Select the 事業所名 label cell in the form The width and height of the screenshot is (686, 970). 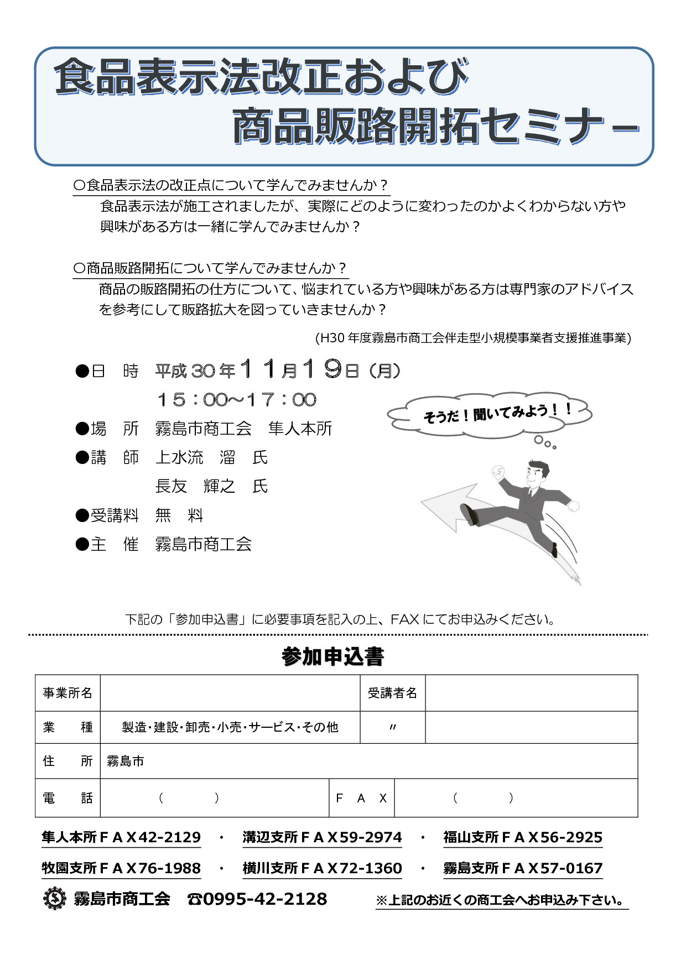coord(67,693)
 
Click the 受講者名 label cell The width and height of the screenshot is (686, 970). coord(392,693)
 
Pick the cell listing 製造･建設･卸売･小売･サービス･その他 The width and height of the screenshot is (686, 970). coord(230,727)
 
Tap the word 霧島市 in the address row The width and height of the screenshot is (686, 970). coord(126,762)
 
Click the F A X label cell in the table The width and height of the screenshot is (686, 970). coord(361,798)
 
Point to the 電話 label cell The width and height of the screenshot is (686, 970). coord(67,798)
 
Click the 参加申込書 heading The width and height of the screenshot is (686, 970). coord(332,656)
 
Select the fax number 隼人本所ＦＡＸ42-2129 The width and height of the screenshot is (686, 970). coord(121,837)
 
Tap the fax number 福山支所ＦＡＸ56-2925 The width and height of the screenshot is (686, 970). coord(523,837)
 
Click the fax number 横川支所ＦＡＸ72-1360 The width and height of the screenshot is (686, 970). coord(322,868)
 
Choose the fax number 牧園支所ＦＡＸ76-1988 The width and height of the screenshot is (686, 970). coord(121,868)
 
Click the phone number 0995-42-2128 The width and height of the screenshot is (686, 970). coord(265,899)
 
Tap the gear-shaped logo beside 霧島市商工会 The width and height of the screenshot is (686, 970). coord(54,899)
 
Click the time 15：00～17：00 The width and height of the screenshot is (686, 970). coord(237,399)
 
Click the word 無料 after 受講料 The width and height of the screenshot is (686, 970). coord(179,515)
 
